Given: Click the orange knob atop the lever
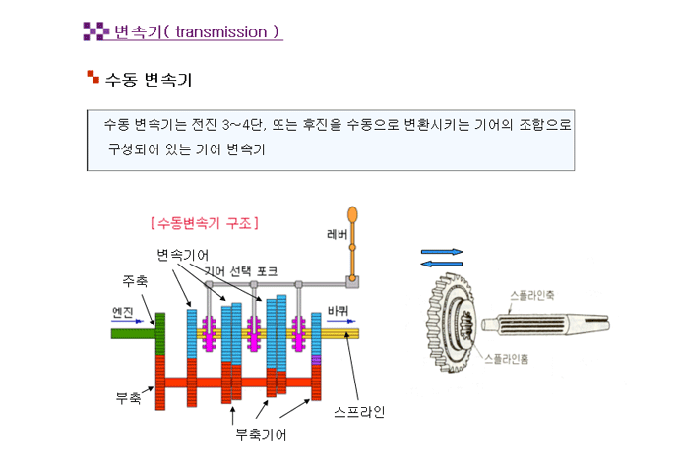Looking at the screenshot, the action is pyautogui.click(x=353, y=214).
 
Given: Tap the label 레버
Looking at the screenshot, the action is pyautogui.click(x=338, y=234).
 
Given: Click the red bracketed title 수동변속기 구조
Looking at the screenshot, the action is pyautogui.click(x=205, y=223).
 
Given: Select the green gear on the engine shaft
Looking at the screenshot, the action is pyautogui.click(x=160, y=333).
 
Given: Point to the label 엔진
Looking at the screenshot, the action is pyautogui.click(x=123, y=312).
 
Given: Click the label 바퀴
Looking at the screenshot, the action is pyautogui.click(x=338, y=311).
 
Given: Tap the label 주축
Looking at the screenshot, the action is pyautogui.click(x=135, y=281).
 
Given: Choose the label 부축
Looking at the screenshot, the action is pyautogui.click(x=128, y=397).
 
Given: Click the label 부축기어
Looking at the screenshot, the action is pyautogui.click(x=261, y=434).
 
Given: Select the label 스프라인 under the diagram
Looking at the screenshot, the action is pyautogui.click(x=359, y=411).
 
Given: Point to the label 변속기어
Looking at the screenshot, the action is pyautogui.click(x=183, y=255).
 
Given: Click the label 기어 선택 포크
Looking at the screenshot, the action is pyautogui.click(x=241, y=271).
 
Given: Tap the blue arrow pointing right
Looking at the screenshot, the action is pyautogui.click(x=442, y=252).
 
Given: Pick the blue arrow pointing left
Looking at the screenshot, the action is pyautogui.click(x=442, y=264).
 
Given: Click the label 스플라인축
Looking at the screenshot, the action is pyautogui.click(x=532, y=295).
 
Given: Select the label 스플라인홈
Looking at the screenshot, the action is pyautogui.click(x=506, y=359).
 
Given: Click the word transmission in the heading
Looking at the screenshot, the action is pyautogui.click(x=221, y=32).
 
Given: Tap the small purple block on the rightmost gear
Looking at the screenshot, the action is pyautogui.click(x=316, y=360).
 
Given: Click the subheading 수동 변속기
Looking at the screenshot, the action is pyautogui.click(x=149, y=80).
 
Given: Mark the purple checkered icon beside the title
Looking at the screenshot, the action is pyautogui.click(x=95, y=31).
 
